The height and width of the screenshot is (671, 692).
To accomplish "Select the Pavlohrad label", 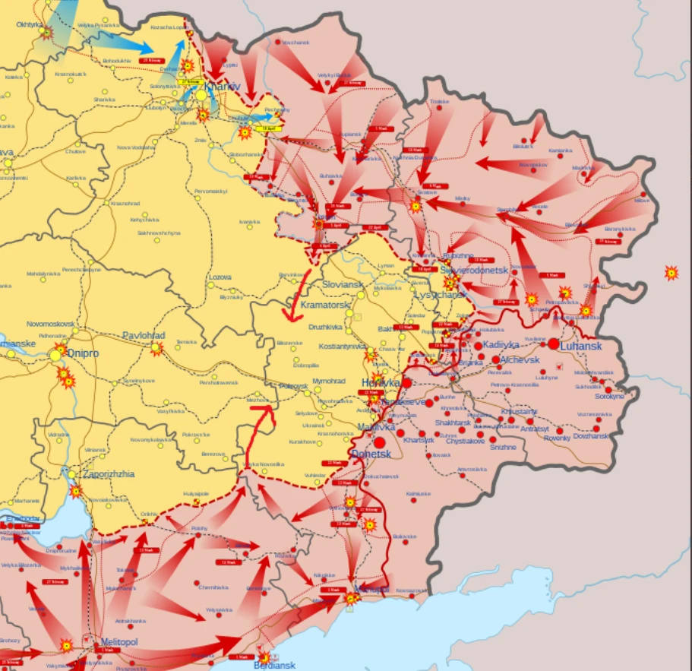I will (x=144, y=335).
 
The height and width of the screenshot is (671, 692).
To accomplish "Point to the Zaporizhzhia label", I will (x=109, y=473).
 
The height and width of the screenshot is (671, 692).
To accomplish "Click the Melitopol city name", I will (x=119, y=642).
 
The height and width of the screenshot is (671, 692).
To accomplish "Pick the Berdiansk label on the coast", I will (x=274, y=665).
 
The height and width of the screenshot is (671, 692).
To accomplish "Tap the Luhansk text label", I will (x=581, y=346).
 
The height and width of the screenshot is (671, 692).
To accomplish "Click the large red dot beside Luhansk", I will (x=553, y=344).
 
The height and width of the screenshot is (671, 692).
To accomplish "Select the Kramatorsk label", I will (x=325, y=305).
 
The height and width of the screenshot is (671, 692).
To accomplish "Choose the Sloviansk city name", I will (x=343, y=283).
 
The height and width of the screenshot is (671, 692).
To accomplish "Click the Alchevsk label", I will (x=520, y=359).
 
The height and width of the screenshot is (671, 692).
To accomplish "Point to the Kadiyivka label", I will (x=501, y=345).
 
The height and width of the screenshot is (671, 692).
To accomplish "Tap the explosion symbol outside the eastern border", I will (x=671, y=272).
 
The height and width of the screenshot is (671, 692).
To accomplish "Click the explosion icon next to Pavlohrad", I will (x=156, y=349).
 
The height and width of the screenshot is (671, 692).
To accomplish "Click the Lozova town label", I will (x=220, y=277).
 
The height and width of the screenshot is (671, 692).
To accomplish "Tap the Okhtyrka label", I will (x=30, y=24).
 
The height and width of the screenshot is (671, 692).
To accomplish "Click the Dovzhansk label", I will (x=590, y=436).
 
